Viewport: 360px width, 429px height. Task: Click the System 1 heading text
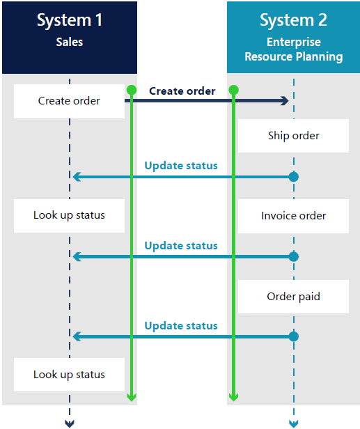pos(70,20)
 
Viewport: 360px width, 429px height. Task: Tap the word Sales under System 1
pos(70,42)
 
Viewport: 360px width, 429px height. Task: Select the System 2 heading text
pos(293,20)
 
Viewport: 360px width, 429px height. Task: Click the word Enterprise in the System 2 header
pos(294,42)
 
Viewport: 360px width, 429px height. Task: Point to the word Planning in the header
pos(319,57)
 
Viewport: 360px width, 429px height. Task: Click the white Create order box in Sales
pos(69,101)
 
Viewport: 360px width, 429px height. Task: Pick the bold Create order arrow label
pos(182,91)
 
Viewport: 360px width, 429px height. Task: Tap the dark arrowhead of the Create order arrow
pos(285,101)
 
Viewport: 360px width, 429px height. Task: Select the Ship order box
pos(293,136)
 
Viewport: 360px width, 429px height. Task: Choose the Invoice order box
pos(293,216)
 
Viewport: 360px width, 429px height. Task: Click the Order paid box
pos(293,297)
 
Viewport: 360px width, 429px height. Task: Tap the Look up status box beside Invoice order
pos(69,216)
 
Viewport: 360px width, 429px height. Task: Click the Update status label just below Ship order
pos(181,166)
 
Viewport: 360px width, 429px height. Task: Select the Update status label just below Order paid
pos(181,326)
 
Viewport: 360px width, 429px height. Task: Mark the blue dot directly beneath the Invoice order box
pos(294,256)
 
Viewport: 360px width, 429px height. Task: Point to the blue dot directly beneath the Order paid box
pos(294,336)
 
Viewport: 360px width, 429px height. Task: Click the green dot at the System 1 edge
pos(132,90)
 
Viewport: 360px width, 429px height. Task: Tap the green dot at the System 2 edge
pos(233,90)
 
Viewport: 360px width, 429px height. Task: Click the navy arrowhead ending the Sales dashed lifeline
pos(70,423)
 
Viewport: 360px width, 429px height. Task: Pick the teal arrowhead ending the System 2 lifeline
pos(294,423)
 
